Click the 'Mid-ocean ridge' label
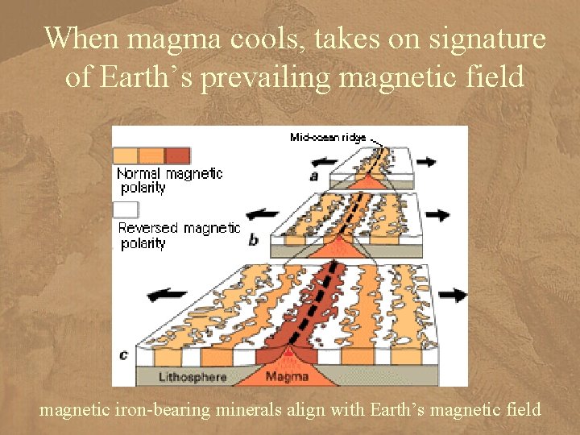pyautogui.click(x=328, y=138)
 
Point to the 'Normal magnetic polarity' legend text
pyautogui.click(x=169, y=180)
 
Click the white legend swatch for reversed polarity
pyautogui.click(x=126, y=209)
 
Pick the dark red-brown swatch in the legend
pyautogui.click(x=178, y=155)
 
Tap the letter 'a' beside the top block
pyautogui.click(x=313, y=175)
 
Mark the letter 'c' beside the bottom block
pyautogui.click(x=123, y=353)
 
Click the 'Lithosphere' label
pyautogui.click(x=194, y=377)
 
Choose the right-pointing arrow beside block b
pyautogui.click(x=437, y=215)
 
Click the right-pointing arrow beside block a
pyautogui.click(x=426, y=162)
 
